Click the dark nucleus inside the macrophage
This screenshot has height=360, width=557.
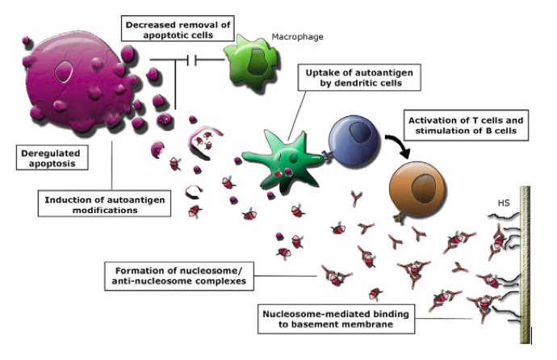point(258,63)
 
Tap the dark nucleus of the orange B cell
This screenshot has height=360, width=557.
point(423,185)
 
